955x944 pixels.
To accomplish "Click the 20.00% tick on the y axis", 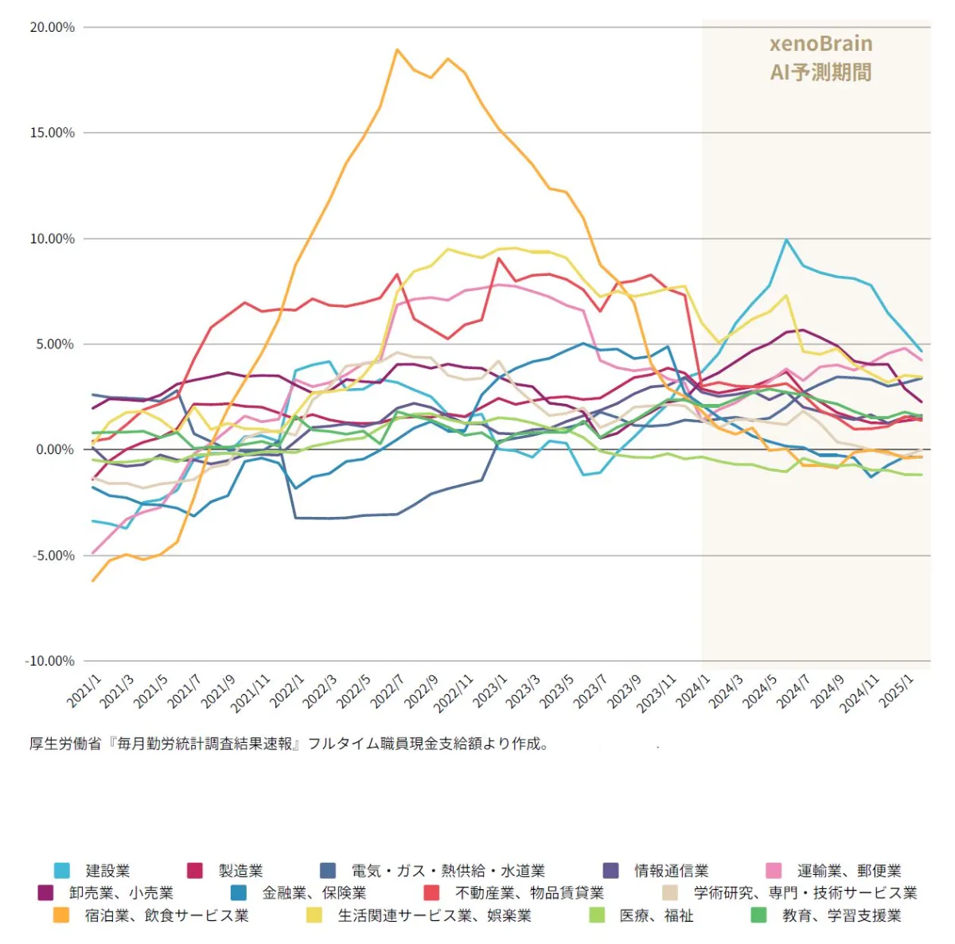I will click(x=53, y=28).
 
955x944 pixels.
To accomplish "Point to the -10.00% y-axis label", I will click(x=50, y=661).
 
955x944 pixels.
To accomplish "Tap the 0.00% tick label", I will click(x=55, y=450).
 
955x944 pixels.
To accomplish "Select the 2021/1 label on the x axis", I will click(x=85, y=691).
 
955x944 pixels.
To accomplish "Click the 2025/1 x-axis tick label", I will click(x=898, y=691).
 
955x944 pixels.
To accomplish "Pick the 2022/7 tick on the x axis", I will click(x=388, y=691).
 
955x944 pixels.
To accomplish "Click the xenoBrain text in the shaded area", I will click(x=821, y=44).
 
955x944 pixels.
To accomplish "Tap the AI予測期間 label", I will click(x=821, y=72).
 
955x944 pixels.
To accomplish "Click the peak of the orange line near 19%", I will click(x=396, y=50).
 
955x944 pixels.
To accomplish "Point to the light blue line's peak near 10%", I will click(x=786, y=239).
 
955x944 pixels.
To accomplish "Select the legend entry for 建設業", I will click(x=107, y=871).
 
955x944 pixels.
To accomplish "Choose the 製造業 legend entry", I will click(x=240, y=871).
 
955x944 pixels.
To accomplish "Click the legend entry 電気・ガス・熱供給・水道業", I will click(x=448, y=871).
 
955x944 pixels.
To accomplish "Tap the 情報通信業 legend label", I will click(x=671, y=871).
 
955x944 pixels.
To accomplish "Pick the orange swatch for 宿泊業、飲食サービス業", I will click(x=61, y=915).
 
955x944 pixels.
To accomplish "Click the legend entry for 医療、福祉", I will click(x=657, y=915).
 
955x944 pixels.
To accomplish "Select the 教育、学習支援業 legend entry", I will click(x=841, y=915).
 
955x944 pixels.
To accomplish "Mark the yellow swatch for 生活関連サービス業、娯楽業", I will click(x=314, y=915).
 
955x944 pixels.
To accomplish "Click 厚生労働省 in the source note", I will click(x=65, y=744).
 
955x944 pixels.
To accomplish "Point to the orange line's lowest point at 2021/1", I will click(x=93, y=581).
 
